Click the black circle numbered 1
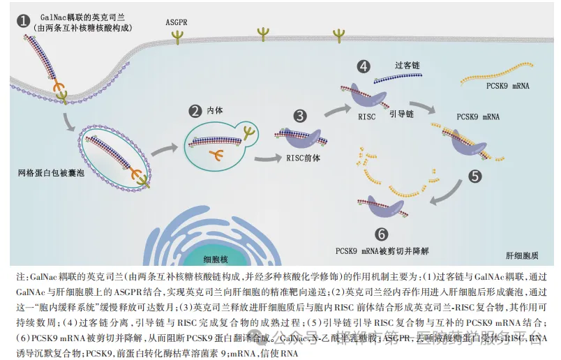(x=23, y=21)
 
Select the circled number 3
(x=300, y=116)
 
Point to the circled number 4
(x=363, y=66)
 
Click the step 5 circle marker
(x=474, y=176)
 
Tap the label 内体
(x=215, y=111)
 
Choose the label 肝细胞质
(x=522, y=255)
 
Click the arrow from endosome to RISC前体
(x=268, y=158)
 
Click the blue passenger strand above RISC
(x=397, y=79)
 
